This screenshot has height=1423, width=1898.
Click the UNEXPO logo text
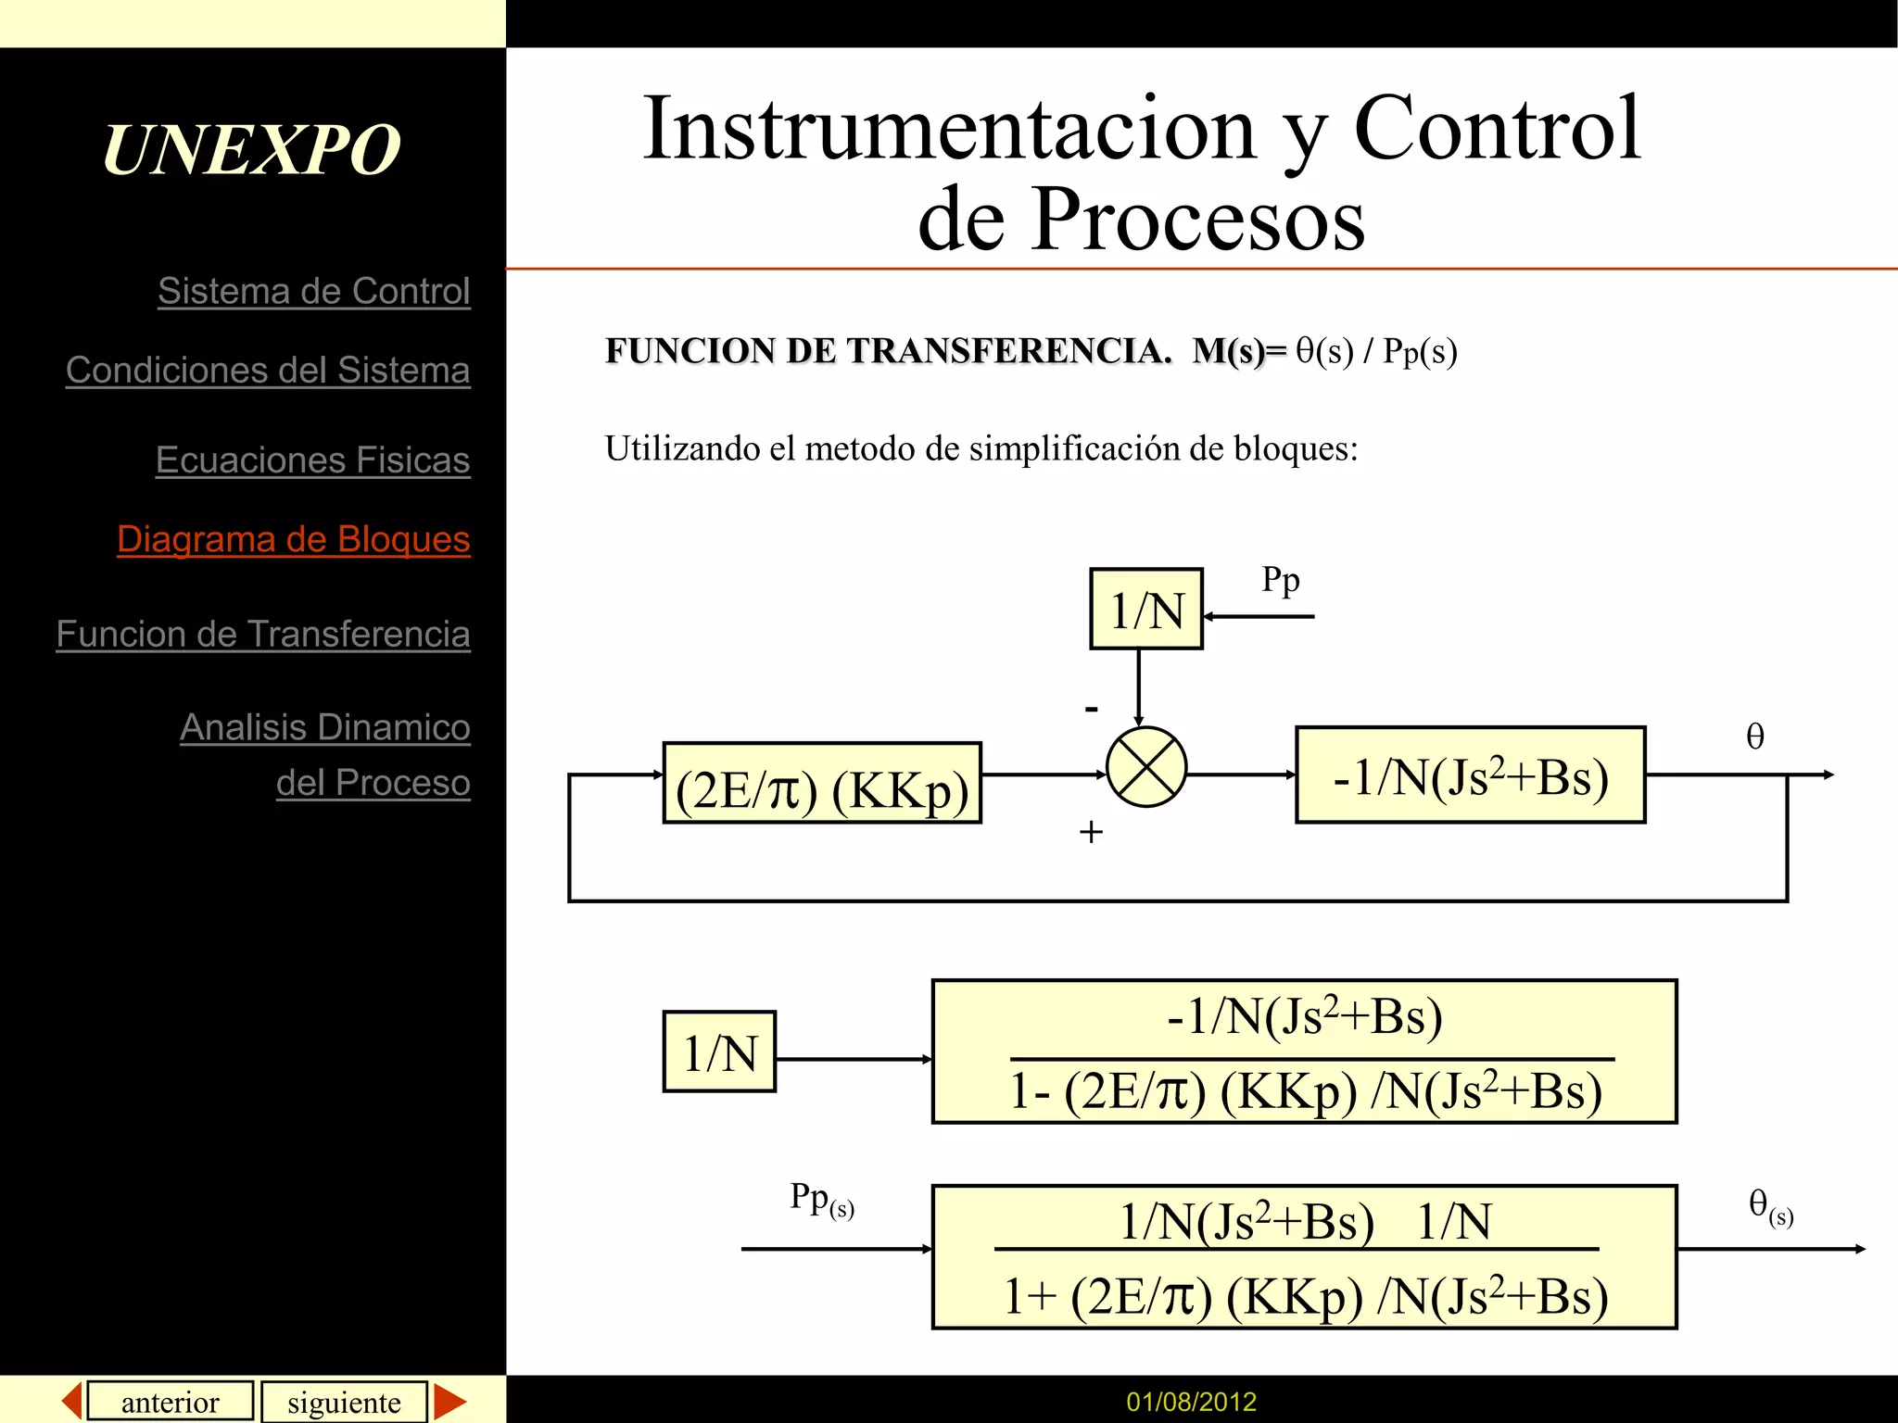251,149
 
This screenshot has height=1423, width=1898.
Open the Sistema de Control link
313,291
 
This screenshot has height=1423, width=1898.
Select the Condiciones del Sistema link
268,370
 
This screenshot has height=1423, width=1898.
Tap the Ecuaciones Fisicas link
312,460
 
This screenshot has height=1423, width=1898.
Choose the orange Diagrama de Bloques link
293,539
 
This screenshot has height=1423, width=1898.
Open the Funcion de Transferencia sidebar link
263,634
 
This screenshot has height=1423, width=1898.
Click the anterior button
171,1401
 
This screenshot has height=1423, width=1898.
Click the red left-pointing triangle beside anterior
72,1400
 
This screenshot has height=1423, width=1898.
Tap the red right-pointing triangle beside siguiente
449,1401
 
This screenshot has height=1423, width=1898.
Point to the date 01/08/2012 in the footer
1191,1402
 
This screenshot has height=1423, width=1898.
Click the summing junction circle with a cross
1146,767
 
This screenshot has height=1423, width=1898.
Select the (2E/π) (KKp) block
822,784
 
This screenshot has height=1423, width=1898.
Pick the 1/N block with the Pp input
1146,609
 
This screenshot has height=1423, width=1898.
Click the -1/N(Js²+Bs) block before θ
1470,774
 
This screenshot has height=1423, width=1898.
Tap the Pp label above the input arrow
1280,581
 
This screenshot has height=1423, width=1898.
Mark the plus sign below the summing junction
1091,832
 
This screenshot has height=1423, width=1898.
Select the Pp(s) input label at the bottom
821,1200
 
